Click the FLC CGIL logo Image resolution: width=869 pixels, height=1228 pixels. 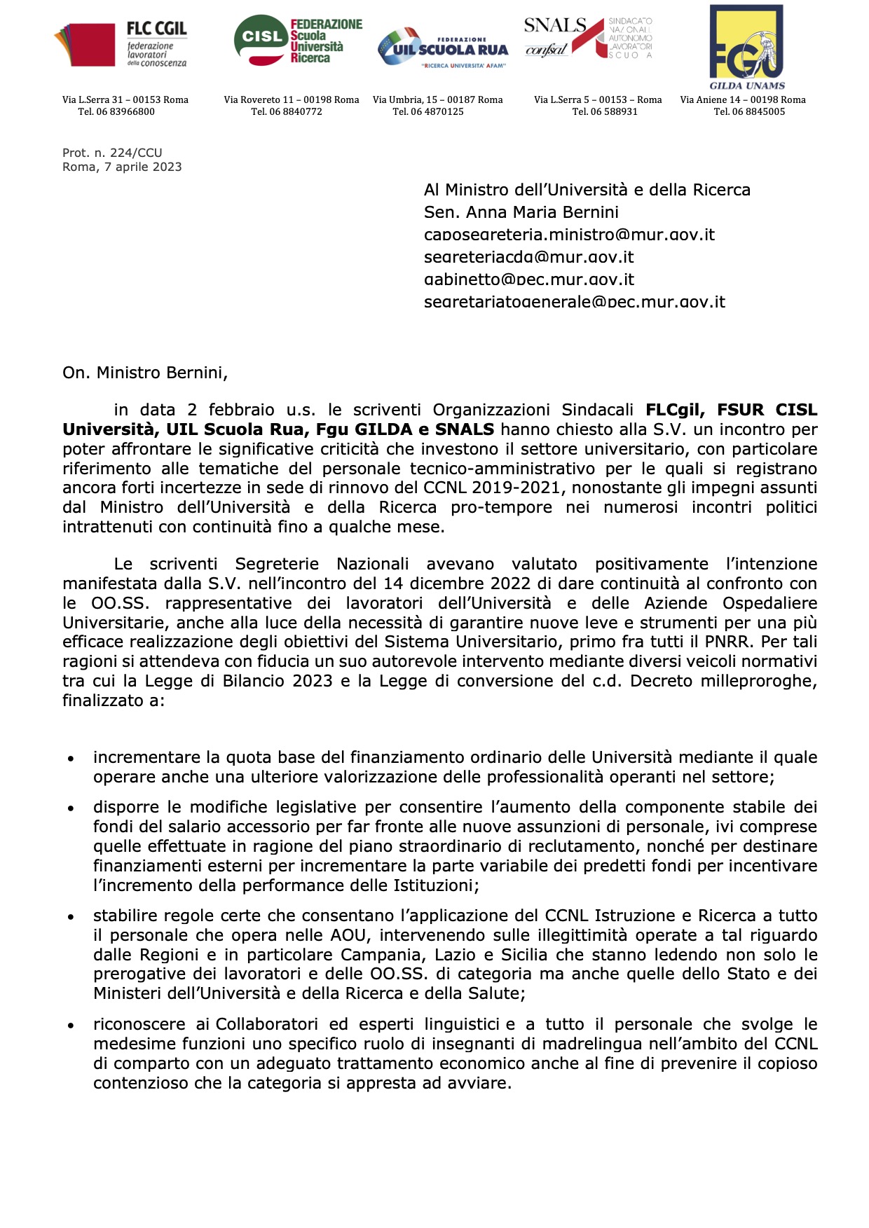[121, 44]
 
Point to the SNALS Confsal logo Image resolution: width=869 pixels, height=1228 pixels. [587, 39]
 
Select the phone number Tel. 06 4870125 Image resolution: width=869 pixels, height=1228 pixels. [428, 111]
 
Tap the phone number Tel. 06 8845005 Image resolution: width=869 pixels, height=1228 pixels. [749, 111]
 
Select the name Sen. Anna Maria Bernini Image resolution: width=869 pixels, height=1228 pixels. [521, 212]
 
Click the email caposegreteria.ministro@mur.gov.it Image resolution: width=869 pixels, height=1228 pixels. [569, 235]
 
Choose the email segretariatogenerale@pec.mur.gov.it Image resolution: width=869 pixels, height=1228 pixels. [575, 302]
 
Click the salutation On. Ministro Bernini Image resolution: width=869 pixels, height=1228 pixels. [144, 373]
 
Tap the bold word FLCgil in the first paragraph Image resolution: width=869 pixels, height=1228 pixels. [675, 410]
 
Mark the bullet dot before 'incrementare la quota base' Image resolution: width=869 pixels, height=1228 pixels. [71, 759]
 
